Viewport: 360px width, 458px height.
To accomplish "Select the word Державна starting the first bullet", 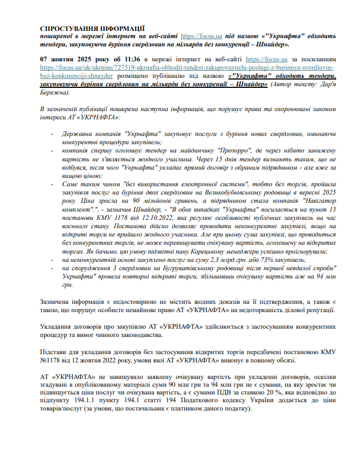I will (80, 135).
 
